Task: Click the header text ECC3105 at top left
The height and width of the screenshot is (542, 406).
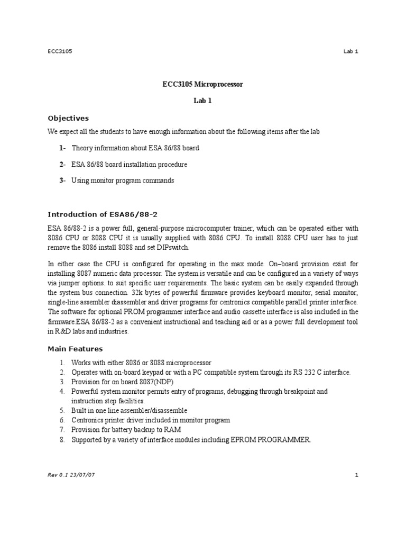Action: [x=60, y=51]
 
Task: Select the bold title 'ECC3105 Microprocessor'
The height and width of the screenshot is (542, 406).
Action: [x=202, y=84]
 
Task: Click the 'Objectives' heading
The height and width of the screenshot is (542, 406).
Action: [x=68, y=118]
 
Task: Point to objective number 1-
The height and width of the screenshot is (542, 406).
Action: [x=62, y=148]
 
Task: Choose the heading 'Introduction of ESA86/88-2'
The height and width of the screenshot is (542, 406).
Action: [x=103, y=214]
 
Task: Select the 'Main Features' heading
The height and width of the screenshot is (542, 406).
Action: [x=75, y=349]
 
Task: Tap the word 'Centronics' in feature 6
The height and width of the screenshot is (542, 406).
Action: [x=89, y=420]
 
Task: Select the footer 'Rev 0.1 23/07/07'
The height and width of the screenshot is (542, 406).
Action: [x=71, y=475]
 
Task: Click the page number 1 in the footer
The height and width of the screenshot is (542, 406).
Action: [x=357, y=475]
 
